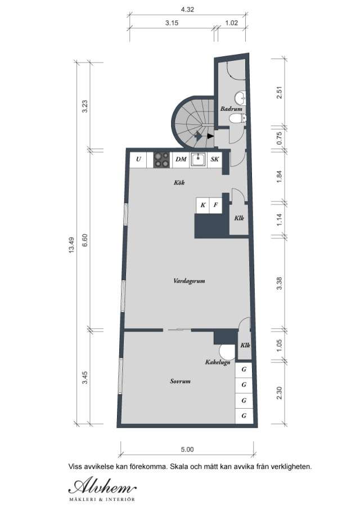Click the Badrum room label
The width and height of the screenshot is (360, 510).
[231, 109]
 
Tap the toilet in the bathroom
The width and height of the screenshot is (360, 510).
[241, 118]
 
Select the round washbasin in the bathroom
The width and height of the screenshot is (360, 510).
[240, 96]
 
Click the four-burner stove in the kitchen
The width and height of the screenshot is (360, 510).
[161, 160]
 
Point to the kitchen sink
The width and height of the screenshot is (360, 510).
[199, 160]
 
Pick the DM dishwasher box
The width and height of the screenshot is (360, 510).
[181, 160]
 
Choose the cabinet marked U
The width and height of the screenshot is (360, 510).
[138, 160]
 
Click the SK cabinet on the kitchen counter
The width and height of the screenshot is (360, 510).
[215, 160]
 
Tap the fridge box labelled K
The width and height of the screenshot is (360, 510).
[202, 205]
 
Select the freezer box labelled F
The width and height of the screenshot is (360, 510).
[215, 205]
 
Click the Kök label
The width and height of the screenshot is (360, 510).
[179, 183]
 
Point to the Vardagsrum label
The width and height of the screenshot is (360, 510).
[188, 280]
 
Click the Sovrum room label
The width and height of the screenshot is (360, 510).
[180, 381]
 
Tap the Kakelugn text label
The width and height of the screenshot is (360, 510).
[217, 363]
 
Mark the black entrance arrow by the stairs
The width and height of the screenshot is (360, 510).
[210, 136]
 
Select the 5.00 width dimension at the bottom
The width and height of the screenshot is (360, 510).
[187, 450]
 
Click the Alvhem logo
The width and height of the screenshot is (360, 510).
[102, 486]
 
